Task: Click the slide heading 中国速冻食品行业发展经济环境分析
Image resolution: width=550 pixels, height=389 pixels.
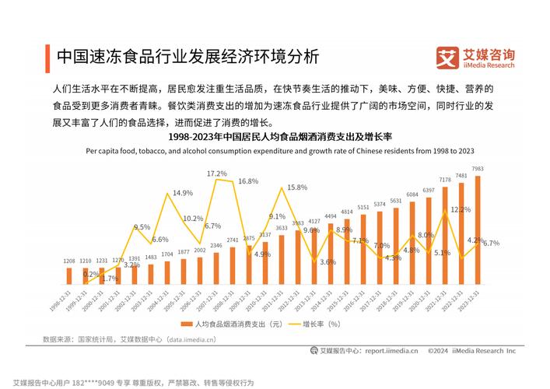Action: click(187, 57)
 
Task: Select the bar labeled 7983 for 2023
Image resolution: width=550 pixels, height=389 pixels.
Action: click(478, 230)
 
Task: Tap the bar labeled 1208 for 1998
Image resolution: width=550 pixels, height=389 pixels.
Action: click(68, 275)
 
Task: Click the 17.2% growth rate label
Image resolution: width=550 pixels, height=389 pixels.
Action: click(217, 173)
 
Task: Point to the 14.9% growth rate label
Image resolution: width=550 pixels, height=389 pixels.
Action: click(183, 192)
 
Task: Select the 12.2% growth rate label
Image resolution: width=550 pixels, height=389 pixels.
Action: click(461, 209)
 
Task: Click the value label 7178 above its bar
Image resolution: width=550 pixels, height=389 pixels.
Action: click(444, 180)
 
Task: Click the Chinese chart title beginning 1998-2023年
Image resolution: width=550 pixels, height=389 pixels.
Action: click(275, 138)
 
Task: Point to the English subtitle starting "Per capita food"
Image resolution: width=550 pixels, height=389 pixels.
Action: click(275, 152)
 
